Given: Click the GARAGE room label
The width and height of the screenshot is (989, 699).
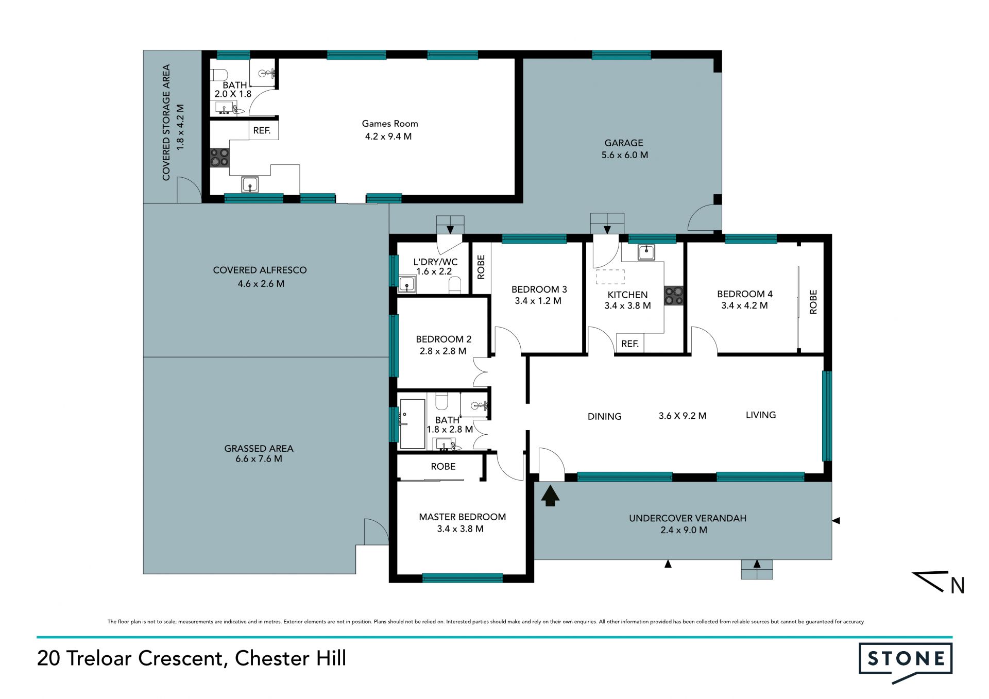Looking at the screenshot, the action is tap(624, 143).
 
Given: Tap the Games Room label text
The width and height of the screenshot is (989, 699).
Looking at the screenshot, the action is tap(390, 124).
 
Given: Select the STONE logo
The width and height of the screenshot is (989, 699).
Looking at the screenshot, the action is tap(906, 662).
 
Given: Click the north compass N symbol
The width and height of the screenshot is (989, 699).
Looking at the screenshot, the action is tap(958, 586).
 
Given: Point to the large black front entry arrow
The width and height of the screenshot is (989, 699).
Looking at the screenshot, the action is tap(550, 496).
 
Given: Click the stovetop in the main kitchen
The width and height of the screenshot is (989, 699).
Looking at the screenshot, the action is tap(674, 296).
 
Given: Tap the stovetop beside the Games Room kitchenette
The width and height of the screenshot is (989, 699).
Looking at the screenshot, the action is tap(219, 158).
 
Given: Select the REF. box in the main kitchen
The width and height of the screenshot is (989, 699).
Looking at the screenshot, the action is tap(630, 344).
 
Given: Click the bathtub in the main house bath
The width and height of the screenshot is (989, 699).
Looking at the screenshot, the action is tap(412, 423).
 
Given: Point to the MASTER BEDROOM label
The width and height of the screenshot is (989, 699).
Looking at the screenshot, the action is tap(462, 517).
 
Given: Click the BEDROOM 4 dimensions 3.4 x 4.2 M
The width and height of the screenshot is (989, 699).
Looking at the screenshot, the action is tap(744, 305).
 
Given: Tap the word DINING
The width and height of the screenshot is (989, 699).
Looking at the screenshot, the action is tap(605, 416).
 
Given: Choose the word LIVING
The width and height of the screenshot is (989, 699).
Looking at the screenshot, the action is tap(761, 415).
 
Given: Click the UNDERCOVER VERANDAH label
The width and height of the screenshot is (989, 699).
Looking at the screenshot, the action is tap(688, 518).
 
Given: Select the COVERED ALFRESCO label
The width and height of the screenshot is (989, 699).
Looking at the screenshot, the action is tap(260, 270).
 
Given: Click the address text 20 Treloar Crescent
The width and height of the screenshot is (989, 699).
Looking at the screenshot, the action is tap(130, 658).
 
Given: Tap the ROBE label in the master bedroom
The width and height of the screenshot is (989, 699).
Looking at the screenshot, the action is tap(443, 466).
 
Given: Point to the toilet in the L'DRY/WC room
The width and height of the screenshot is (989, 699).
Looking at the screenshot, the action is tap(455, 285).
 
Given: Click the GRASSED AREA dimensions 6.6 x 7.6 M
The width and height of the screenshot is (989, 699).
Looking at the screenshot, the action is tap(259, 458).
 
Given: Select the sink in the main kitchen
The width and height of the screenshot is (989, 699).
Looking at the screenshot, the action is tap(646, 252).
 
